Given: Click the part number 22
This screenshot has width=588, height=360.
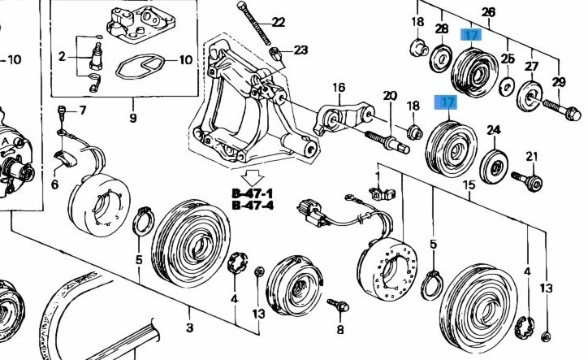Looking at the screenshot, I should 279,22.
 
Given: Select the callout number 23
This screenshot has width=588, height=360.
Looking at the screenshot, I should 300,50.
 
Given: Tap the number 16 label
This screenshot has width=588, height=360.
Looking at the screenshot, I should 338,88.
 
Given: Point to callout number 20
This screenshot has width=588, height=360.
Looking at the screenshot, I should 390,96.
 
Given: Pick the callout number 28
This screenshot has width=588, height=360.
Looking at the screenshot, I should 441,29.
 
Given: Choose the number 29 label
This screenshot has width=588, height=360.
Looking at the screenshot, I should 559,82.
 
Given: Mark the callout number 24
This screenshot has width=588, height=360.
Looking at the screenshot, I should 494,129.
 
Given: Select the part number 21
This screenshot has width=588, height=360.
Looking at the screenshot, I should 532,156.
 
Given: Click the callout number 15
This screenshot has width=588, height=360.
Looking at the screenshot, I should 469,186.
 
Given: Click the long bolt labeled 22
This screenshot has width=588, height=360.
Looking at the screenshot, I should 254,24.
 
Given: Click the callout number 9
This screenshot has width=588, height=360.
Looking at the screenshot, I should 132,118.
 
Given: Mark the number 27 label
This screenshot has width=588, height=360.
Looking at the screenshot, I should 532,67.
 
